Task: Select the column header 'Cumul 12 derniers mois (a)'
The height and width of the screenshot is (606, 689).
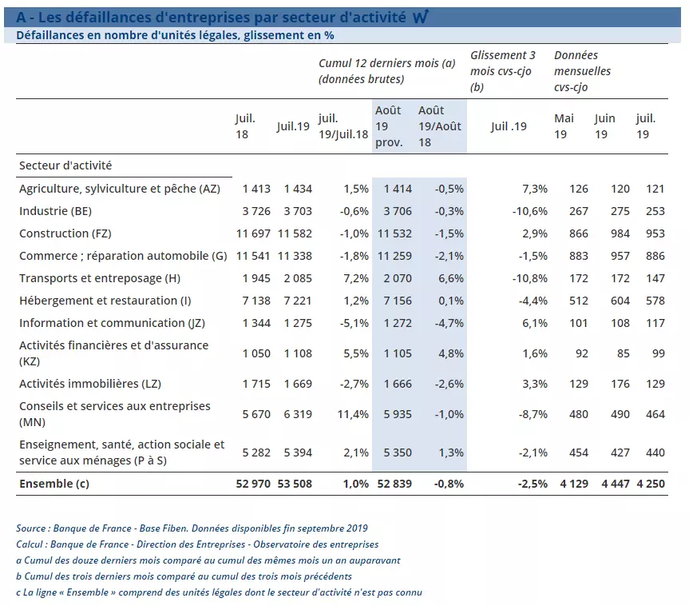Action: click(386, 63)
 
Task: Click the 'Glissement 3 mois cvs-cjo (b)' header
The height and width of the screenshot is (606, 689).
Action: click(502, 70)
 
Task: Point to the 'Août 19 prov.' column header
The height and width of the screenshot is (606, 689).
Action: click(389, 126)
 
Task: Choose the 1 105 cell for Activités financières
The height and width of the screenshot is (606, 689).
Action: click(398, 353)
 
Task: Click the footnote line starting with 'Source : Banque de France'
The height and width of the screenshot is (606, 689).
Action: click(192, 528)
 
